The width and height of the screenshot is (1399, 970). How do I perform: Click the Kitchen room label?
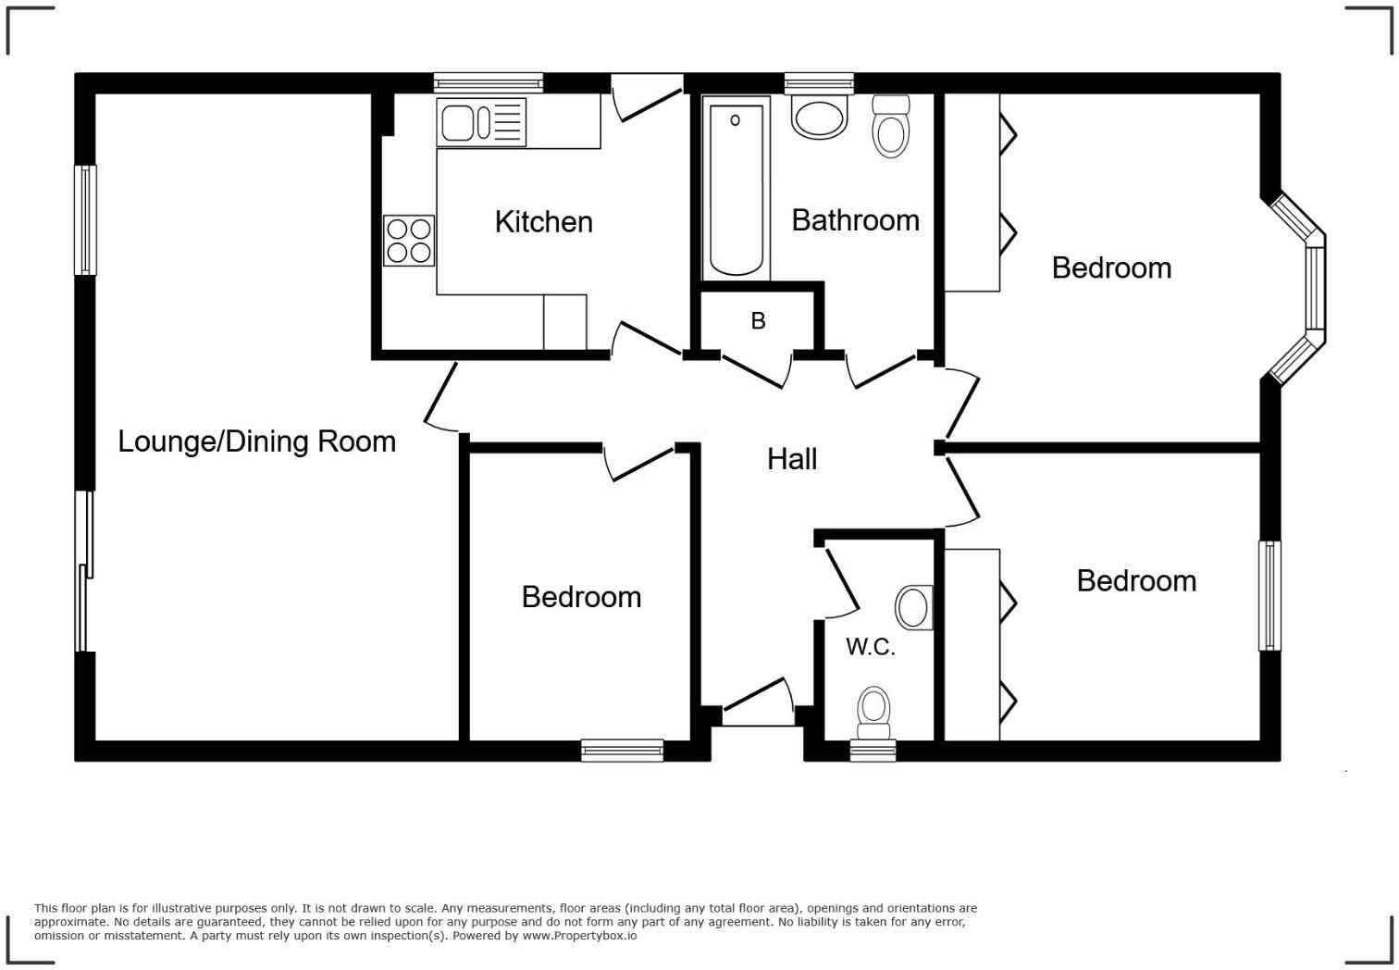click(543, 222)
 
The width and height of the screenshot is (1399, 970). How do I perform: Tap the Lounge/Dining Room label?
click(256, 441)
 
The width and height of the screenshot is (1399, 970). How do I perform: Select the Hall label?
click(791, 459)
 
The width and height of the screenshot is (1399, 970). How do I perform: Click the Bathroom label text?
click(855, 220)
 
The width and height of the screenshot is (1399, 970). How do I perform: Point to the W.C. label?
click(870, 647)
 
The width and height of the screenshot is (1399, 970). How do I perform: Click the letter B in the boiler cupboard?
click(758, 321)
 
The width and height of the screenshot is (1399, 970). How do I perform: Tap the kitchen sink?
click(481, 123)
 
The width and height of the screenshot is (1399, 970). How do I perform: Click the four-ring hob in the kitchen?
click(409, 241)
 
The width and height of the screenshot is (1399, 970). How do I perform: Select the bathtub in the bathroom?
click(737, 189)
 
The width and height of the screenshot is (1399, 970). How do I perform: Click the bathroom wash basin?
click(820, 118)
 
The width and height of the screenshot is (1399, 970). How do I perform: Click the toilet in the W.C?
click(873, 708)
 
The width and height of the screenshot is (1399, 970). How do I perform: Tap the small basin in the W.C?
click(914, 608)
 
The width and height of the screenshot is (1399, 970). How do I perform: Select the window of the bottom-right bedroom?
click(1269, 595)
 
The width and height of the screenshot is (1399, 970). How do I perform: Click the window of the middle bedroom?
click(622, 750)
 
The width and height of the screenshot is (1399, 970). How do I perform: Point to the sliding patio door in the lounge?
click(85, 571)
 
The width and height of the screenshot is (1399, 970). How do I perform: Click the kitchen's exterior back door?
click(648, 97)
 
